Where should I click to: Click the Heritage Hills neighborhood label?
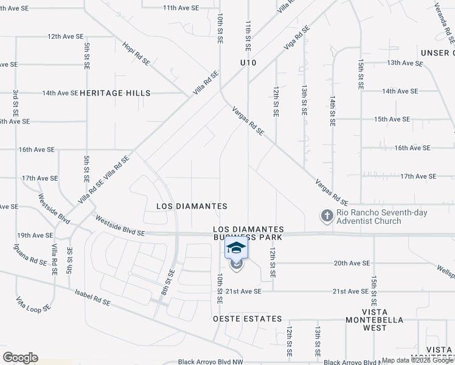(x=115, y=93)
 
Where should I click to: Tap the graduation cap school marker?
(x=236, y=248)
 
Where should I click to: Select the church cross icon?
(x=327, y=217)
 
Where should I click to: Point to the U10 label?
(x=248, y=63)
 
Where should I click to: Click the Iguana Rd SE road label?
(x=31, y=254)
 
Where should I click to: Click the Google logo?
(x=20, y=358)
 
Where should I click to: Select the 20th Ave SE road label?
(x=352, y=263)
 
